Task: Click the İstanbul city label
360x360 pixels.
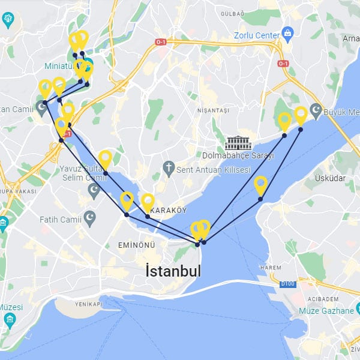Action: pos(173,271)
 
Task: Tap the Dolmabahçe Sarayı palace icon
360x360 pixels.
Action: pos(238,143)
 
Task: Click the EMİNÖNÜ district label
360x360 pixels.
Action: pos(136,245)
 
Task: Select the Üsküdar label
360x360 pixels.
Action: pos(329,178)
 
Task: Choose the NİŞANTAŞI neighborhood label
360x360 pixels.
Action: pos(213,111)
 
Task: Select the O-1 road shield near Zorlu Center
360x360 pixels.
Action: pos(284,64)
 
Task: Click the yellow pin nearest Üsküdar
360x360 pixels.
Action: pos(260,185)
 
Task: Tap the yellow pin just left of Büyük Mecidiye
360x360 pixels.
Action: pos(301,115)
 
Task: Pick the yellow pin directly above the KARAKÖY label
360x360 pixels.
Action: pos(148,202)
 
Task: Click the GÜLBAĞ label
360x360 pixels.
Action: pos(247,13)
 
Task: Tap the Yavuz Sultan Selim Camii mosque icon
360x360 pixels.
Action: pos(94,191)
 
